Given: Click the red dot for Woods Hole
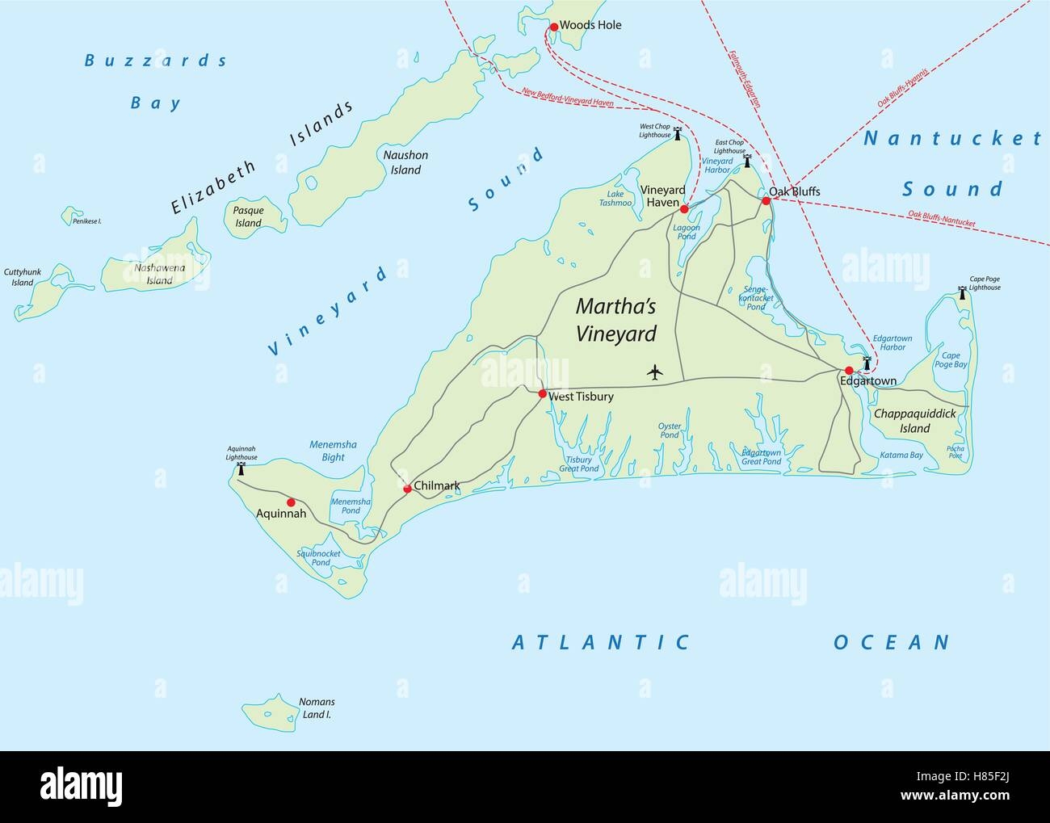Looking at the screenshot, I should pyautogui.click(x=553, y=27).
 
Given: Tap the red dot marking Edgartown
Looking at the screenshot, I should pyautogui.click(x=849, y=370).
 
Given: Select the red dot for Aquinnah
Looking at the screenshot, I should pyautogui.click(x=291, y=502).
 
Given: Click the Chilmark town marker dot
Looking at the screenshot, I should pyautogui.click(x=407, y=489).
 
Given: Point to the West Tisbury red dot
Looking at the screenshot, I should pyautogui.click(x=542, y=393).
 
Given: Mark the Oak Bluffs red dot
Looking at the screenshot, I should pyautogui.click(x=766, y=200).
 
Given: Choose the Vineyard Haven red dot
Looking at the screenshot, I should pyautogui.click(x=684, y=209).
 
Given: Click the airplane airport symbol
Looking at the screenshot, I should pyautogui.click(x=654, y=372).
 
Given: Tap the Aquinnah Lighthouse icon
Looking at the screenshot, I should pyautogui.click(x=240, y=468).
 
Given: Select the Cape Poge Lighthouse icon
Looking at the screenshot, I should pyautogui.click(x=962, y=292).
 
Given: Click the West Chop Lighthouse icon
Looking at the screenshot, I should pyautogui.click(x=678, y=134).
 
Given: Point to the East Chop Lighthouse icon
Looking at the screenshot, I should pyautogui.click(x=747, y=161).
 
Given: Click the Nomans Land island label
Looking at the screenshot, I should pyautogui.click(x=317, y=708).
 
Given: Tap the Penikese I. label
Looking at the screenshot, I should pyautogui.click(x=86, y=220).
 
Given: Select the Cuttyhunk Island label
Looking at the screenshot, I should pyautogui.click(x=22, y=278).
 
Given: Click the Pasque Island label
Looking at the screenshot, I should pyautogui.click(x=248, y=216).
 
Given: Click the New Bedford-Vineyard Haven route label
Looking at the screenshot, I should pyautogui.click(x=568, y=98).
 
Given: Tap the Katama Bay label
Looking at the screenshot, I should pyautogui.click(x=901, y=456).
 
